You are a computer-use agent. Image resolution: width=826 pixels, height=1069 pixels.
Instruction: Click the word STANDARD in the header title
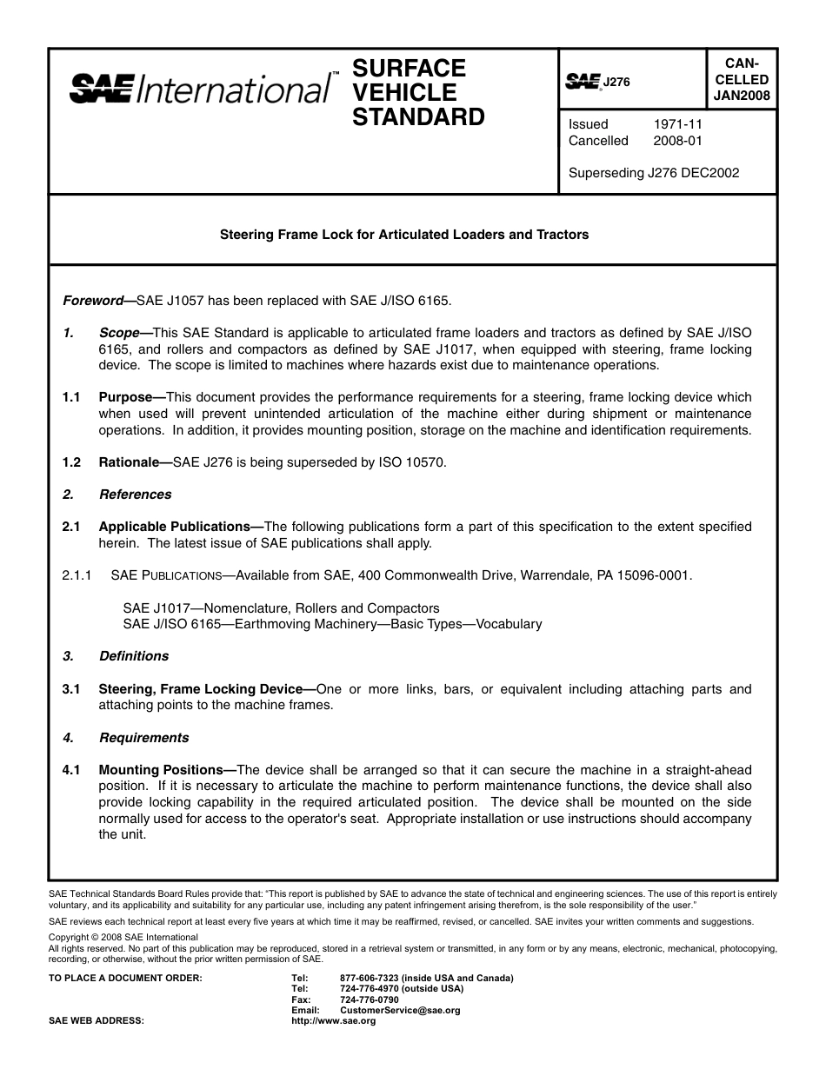pyautogui.click(x=418, y=117)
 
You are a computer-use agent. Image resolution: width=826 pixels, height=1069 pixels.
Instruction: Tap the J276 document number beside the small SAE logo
pyautogui.click(x=616, y=82)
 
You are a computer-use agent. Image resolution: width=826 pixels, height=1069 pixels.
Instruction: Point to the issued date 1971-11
pyautogui.click(x=677, y=124)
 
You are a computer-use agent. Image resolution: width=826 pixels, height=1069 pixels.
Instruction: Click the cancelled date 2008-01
pyautogui.click(x=677, y=141)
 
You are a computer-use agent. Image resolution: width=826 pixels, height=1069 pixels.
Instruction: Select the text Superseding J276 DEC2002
pyautogui.click(x=653, y=173)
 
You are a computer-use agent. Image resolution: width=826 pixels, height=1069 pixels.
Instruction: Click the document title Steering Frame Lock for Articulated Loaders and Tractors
pyautogui.click(x=403, y=235)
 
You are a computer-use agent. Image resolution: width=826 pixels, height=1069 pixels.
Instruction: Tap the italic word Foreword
pyautogui.click(x=93, y=301)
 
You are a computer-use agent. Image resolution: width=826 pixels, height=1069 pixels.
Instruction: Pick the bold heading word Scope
pyautogui.click(x=119, y=333)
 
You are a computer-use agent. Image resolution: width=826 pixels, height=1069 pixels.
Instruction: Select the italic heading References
pyautogui.click(x=135, y=495)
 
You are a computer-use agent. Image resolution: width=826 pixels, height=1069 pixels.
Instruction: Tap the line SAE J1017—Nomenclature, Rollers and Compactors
pyautogui.click(x=281, y=608)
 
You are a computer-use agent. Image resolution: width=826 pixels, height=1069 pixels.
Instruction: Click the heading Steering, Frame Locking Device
pyautogui.click(x=200, y=689)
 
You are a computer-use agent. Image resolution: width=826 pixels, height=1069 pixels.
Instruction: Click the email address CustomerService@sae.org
pyautogui.click(x=400, y=1011)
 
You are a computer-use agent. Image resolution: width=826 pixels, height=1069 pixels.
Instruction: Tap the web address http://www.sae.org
pyautogui.click(x=333, y=1021)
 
